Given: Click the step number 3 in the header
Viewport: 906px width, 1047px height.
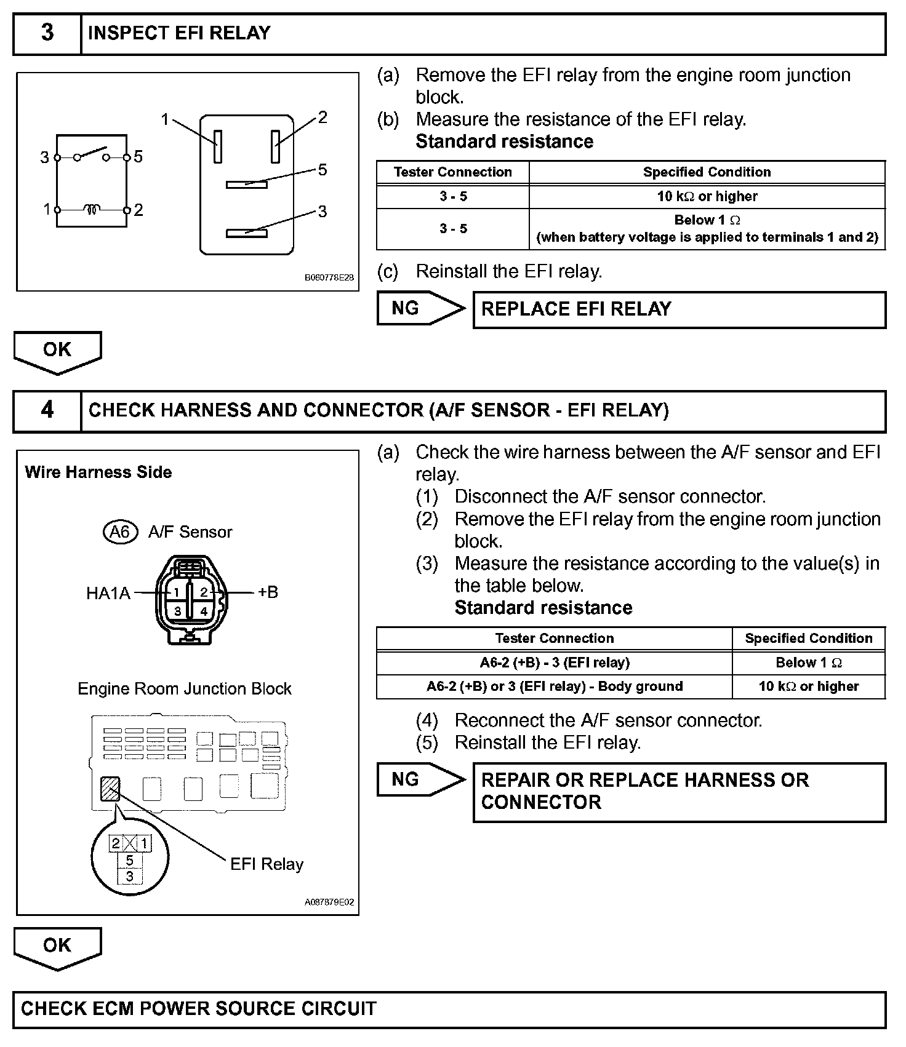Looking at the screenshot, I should [47, 33].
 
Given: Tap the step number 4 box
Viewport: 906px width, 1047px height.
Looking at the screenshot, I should [47, 410].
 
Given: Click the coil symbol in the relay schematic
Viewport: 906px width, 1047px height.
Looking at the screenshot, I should [92, 210].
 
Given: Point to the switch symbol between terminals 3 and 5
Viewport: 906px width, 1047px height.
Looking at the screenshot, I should [91, 154].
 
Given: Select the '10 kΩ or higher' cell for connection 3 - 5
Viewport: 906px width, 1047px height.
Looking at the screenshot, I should [707, 196].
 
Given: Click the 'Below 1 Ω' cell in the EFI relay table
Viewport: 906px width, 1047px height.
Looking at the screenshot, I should [707, 229].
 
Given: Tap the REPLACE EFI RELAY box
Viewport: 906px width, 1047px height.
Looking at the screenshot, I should [679, 309].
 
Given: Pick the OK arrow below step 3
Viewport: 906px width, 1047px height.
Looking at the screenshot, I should [57, 351].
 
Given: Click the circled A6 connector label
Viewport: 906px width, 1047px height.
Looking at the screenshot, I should [119, 531].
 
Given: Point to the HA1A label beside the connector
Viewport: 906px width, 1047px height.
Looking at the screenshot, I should [108, 594].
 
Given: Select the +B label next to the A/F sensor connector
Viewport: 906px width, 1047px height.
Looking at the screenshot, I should [268, 592].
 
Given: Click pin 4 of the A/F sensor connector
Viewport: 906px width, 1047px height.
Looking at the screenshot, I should [204, 611].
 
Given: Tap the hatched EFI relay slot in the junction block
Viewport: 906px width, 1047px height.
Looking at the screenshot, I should [110, 789].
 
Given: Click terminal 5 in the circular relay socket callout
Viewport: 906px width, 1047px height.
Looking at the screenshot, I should [130, 861].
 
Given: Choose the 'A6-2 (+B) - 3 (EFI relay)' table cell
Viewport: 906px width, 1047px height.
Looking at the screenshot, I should [554, 663].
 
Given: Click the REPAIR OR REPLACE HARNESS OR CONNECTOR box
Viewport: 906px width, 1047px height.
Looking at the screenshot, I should [679, 792].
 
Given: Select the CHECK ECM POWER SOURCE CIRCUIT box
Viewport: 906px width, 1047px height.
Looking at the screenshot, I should [449, 1009].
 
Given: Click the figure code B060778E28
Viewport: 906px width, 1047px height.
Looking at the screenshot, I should [329, 277].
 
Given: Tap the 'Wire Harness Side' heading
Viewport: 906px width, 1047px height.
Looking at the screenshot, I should [98, 472].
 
